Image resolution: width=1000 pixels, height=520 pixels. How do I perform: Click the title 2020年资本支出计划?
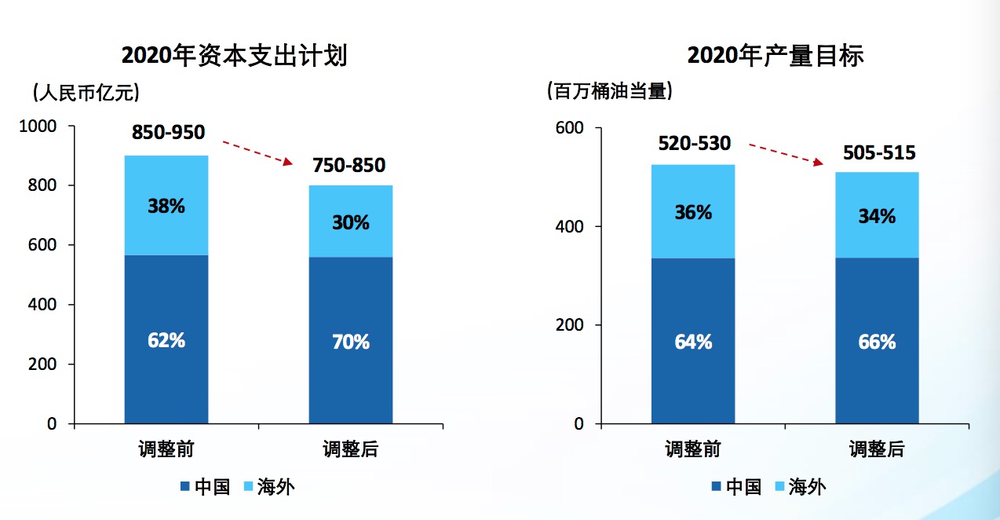coord(234,57)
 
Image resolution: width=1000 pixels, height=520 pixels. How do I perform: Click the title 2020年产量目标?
coord(775,57)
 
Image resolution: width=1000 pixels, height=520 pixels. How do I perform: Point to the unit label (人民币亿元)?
coord(86,93)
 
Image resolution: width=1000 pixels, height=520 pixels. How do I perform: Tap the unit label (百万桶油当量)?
coord(609,92)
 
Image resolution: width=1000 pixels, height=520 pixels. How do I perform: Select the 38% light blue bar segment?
coord(166,206)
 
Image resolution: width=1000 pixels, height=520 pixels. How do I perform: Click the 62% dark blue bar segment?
coord(166,339)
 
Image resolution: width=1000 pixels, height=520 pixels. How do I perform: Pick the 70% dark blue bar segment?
coord(350,341)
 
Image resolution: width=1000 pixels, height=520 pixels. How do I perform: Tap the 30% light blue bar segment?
coord(350,222)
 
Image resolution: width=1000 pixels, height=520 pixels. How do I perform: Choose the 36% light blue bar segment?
coord(693,212)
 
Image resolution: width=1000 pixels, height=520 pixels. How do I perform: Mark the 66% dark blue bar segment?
coord(877,341)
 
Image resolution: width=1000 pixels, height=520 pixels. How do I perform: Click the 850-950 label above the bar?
coord(168,133)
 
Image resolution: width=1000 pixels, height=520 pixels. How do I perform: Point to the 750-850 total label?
coord(349,166)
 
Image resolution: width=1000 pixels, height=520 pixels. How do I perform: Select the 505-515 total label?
coord(879,152)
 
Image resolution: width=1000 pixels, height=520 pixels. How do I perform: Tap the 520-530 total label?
coord(694,144)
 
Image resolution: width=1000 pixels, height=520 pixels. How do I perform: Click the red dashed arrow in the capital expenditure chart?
coord(258,154)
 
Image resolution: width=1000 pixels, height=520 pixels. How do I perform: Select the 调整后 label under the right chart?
coord(877,450)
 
